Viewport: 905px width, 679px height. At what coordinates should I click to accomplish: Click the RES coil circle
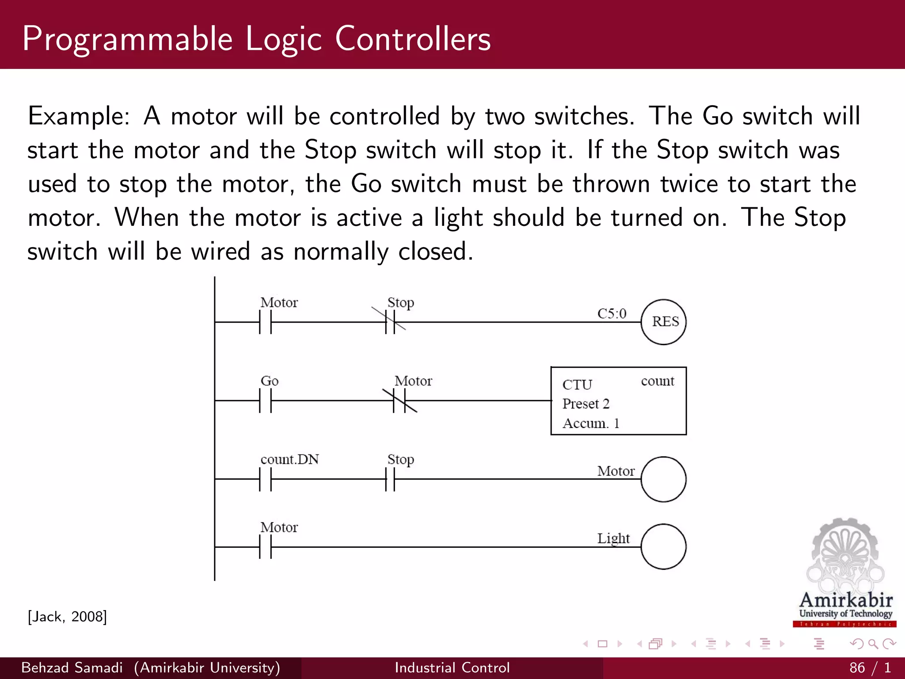point(663,322)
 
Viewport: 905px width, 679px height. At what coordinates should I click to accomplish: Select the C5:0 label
point(612,313)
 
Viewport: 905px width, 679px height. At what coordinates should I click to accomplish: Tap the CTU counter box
point(618,401)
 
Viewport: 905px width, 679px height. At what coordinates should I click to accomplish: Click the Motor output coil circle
point(663,479)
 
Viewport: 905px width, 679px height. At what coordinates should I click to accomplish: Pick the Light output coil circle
point(663,547)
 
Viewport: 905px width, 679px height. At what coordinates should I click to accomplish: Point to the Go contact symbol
point(266,401)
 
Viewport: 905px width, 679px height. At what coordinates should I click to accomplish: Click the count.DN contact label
point(289,459)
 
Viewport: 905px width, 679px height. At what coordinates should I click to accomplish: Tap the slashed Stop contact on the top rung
point(390,322)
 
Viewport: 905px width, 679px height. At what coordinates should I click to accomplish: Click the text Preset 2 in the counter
point(586,404)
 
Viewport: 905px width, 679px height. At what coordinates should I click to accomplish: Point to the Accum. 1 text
point(590,423)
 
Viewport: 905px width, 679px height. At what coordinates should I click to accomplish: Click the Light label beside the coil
point(613,538)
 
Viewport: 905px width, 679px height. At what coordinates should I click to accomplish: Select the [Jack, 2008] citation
point(67,616)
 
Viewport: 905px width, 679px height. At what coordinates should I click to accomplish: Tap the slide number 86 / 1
point(870,668)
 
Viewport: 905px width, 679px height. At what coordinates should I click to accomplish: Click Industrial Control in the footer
point(452,668)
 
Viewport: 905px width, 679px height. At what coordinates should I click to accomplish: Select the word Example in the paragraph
point(78,117)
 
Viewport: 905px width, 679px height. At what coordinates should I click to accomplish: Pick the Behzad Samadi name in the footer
point(72,668)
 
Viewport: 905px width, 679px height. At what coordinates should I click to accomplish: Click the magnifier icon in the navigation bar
point(873,644)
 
